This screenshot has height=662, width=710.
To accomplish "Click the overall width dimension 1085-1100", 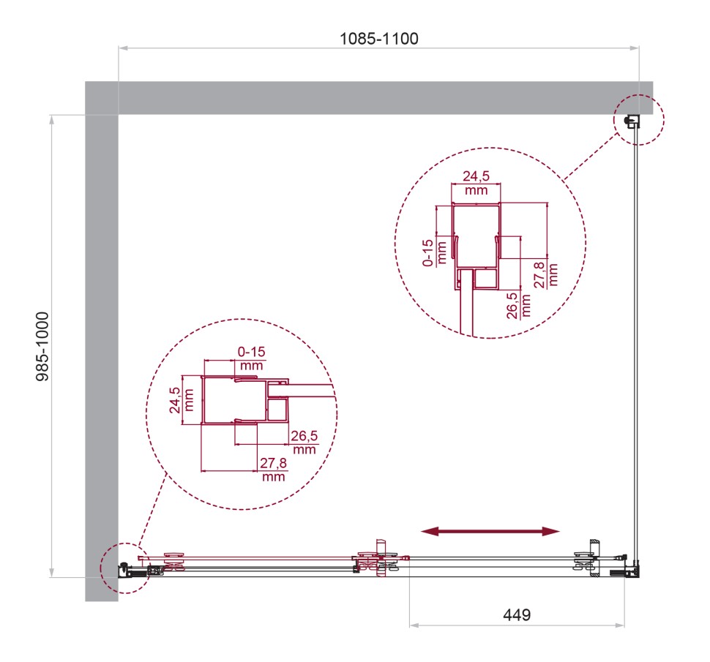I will tap(378, 39).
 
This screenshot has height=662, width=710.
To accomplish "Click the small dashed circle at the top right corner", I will tap(639, 119).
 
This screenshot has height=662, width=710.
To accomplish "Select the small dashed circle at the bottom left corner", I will tap(118, 568).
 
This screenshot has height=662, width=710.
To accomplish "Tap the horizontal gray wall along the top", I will tap(366, 97).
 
